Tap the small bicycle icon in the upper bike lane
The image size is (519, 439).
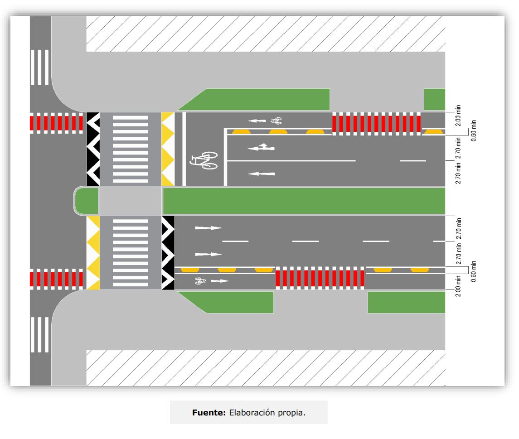click(276, 121)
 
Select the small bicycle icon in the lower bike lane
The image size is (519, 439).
click(200, 281)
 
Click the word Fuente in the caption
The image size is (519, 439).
click(209, 413)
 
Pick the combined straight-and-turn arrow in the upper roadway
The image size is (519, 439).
click(262, 148)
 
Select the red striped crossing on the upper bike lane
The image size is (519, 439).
click(376, 124)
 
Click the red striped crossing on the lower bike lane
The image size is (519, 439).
click(320, 278)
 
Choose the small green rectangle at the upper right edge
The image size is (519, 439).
click(434, 99)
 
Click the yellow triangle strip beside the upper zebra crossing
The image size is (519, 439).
click(168, 149)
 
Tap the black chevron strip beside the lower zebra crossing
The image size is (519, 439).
click(168, 253)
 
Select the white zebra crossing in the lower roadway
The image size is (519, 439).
click(130, 253)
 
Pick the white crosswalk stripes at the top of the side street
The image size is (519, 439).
click(39, 67)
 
